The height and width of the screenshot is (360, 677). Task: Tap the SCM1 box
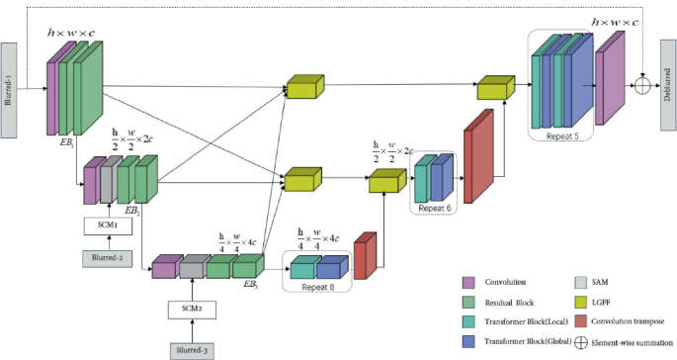tap(107, 225)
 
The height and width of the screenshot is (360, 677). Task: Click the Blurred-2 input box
tap(107, 258)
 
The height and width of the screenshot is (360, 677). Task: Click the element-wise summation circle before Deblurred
tap(642, 86)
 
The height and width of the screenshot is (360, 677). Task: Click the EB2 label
tap(130, 210)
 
